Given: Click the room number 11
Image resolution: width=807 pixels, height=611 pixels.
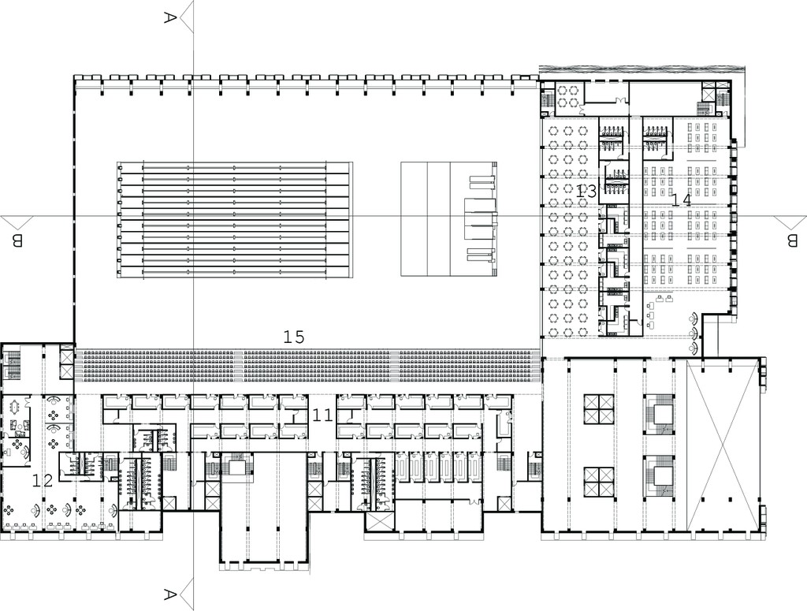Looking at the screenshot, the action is [322, 415].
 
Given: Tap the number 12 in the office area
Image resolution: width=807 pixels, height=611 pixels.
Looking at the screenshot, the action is [43, 481].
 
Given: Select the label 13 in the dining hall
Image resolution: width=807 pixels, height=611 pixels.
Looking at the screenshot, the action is [586, 192].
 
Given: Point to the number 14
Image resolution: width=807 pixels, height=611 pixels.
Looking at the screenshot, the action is [681, 200].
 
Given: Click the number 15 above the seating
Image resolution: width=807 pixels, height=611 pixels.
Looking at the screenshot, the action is [294, 337].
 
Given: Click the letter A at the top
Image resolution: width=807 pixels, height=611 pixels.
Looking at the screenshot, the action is [170, 18].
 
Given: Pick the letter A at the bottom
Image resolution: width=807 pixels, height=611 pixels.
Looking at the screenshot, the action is [170, 594].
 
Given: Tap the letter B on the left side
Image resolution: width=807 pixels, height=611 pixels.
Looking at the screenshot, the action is [17, 240].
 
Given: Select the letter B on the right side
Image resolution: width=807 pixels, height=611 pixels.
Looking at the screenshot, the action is [791, 240].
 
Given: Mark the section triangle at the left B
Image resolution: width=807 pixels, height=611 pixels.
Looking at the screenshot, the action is [17, 222].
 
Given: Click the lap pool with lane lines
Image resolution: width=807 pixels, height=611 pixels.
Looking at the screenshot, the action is [235, 220].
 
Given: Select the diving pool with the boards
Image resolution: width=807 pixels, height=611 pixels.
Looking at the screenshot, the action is [448, 220].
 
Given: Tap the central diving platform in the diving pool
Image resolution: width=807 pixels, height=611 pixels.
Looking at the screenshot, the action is [480, 219].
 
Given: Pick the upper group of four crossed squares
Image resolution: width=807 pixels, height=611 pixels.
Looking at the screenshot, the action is [599, 410].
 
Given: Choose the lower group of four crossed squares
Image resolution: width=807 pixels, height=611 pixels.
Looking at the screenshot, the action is [599, 482].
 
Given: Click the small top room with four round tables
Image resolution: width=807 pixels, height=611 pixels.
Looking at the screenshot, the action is [567, 97].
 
